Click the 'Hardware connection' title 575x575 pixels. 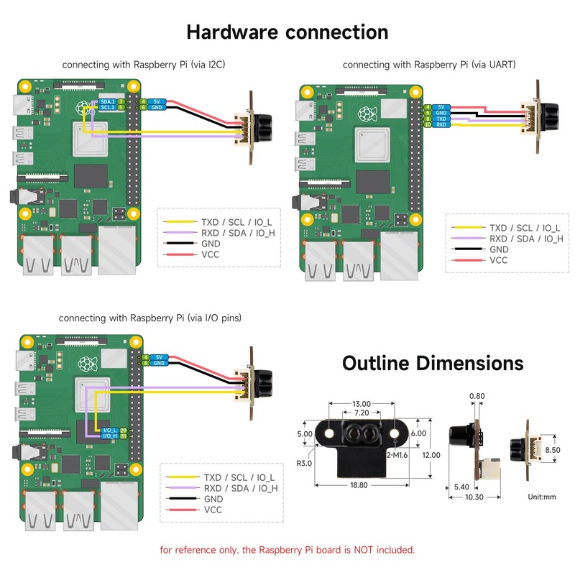pyautogui.click(x=287, y=32)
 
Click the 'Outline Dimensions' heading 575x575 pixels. pyautogui.click(x=432, y=362)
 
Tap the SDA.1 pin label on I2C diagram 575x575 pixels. pyautogui.click(x=108, y=102)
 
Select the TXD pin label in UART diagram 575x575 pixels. pyautogui.click(x=442, y=119)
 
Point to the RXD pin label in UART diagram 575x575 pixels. pyautogui.click(x=442, y=125)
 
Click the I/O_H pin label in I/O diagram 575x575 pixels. pyautogui.click(x=109, y=436)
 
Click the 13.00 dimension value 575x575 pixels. pyautogui.click(x=362, y=404)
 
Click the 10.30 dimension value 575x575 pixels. pyautogui.click(x=474, y=497)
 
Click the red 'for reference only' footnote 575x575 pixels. pyautogui.click(x=287, y=550)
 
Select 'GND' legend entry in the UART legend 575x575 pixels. pyautogui.click(x=499, y=249)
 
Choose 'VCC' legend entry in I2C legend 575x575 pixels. pyautogui.click(x=211, y=254)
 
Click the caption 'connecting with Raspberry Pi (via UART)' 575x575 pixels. pyautogui.click(x=428, y=65)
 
